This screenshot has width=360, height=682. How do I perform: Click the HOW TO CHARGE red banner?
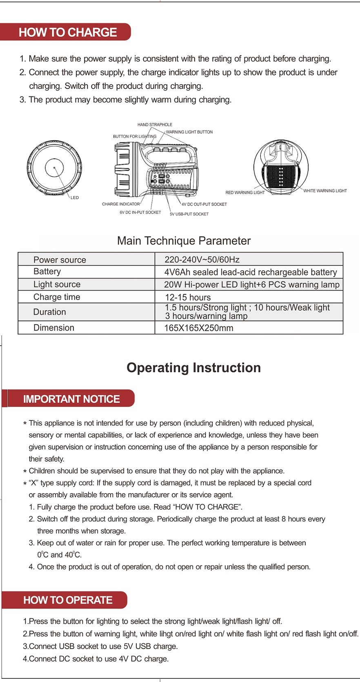point(68,32)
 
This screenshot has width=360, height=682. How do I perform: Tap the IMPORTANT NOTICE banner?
point(71,399)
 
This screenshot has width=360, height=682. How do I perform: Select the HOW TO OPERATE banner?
point(68,600)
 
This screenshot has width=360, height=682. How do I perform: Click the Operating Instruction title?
point(193,367)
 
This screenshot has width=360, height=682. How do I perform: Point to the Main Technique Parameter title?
point(184,241)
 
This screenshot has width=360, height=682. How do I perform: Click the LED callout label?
point(75,198)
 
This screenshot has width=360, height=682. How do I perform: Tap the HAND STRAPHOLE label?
point(155,124)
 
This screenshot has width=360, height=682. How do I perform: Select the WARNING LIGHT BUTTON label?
point(189,132)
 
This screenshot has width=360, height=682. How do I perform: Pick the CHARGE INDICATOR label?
point(120,204)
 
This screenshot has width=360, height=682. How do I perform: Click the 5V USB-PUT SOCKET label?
point(189,214)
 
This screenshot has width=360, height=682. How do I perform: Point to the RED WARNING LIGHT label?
point(245,193)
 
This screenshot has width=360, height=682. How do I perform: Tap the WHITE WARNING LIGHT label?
point(325,191)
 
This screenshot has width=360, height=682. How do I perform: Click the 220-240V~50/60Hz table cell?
point(202,260)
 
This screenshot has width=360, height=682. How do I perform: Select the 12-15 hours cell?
point(188,297)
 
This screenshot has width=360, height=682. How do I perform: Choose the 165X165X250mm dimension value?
point(198,328)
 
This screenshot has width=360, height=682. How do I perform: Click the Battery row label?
point(47,271)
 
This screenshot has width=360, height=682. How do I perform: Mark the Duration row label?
point(49,312)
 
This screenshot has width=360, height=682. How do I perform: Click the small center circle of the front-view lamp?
point(54,167)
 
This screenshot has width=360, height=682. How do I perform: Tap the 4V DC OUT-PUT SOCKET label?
point(204,204)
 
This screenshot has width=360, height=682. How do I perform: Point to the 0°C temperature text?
point(42,555)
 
